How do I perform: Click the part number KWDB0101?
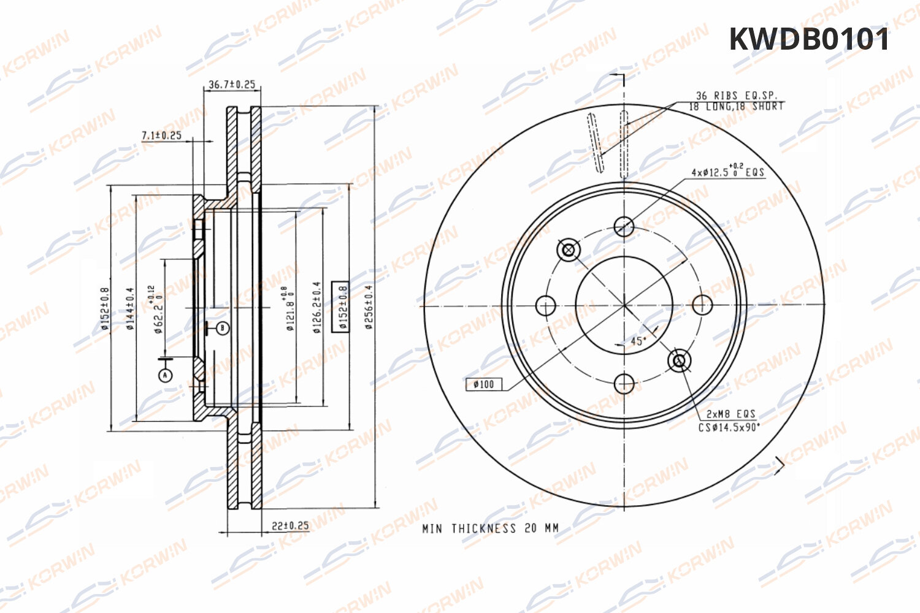click(808, 40)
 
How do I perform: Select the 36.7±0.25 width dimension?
click(231, 84)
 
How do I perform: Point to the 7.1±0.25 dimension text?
click(161, 135)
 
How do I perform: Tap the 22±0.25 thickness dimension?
click(290, 525)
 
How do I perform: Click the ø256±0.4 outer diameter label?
click(369, 306)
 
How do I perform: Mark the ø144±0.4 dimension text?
click(130, 308)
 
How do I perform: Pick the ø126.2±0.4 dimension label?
click(316, 307)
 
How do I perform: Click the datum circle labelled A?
click(165, 375)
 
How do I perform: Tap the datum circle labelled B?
click(223, 328)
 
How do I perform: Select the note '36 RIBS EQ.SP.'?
click(736, 96)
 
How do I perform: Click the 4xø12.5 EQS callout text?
click(727, 172)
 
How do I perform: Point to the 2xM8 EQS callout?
click(730, 414)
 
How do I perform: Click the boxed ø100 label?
click(484, 384)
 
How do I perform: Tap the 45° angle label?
click(638, 341)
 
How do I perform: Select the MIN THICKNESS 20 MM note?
click(490, 528)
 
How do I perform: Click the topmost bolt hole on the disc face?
click(624, 226)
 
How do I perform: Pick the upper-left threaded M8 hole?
click(568, 249)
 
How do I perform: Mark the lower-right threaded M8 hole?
click(679, 360)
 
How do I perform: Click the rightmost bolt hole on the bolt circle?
click(702, 305)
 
